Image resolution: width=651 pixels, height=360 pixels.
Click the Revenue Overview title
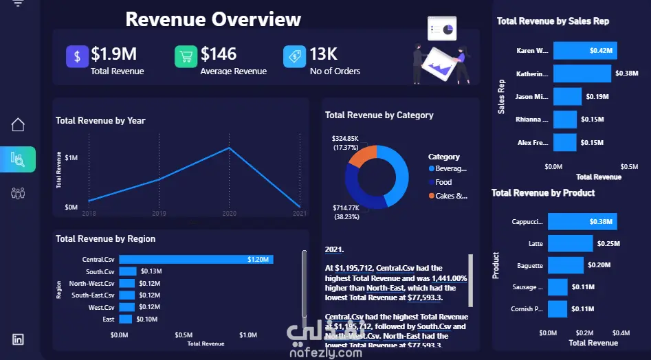tap(213, 19)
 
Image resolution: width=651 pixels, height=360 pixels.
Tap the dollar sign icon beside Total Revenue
tap(77, 56)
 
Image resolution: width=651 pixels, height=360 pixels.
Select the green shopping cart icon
tap(186, 56)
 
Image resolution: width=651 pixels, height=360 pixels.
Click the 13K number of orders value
tap(322, 54)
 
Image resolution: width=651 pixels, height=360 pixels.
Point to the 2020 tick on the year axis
tap(230, 214)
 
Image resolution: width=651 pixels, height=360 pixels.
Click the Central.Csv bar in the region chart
tap(196, 260)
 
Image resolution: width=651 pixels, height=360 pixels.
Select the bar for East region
tap(126, 319)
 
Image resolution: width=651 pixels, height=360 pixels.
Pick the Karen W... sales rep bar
tap(585, 50)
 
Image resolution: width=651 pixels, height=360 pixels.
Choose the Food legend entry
tap(443, 182)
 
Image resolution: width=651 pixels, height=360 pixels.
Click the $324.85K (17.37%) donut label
tap(345, 143)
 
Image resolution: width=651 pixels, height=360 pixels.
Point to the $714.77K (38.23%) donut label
tap(346, 212)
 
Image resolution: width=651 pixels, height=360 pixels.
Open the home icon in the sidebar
tap(18, 124)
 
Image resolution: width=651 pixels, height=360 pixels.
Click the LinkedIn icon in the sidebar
tap(18, 339)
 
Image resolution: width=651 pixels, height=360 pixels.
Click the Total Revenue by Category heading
tap(379, 115)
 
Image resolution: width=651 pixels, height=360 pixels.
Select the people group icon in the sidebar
tap(18, 193)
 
